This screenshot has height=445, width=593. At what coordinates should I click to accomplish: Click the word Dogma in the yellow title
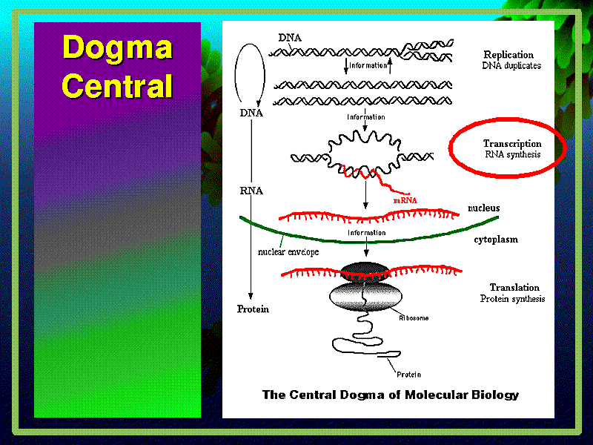(x=117, y=48)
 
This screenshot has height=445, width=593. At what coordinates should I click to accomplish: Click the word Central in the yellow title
(x=117, y=86)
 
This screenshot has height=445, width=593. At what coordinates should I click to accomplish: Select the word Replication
(x=508, y=54)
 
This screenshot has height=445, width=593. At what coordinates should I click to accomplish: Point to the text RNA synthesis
(x=512, y=155)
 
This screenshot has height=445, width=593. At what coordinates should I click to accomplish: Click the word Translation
(x=514, y=287)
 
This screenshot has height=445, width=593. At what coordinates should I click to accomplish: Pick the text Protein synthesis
(x=512, y=299)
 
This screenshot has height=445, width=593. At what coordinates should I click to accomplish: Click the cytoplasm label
(x=496, y=240)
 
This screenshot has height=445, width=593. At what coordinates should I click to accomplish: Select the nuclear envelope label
(x=288, y=251)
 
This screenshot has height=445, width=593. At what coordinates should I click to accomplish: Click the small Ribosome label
(x=414, y=317)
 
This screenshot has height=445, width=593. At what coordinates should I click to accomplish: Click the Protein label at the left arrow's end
(x=252, y=309)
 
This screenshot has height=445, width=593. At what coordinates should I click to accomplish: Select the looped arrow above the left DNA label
(x=250, y=70)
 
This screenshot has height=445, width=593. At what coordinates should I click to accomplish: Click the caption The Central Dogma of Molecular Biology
(x=390, y=395)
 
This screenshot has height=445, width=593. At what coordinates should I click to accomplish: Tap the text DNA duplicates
(x=511, y=65)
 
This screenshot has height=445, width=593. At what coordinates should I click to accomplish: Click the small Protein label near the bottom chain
(x=409, y=374)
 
